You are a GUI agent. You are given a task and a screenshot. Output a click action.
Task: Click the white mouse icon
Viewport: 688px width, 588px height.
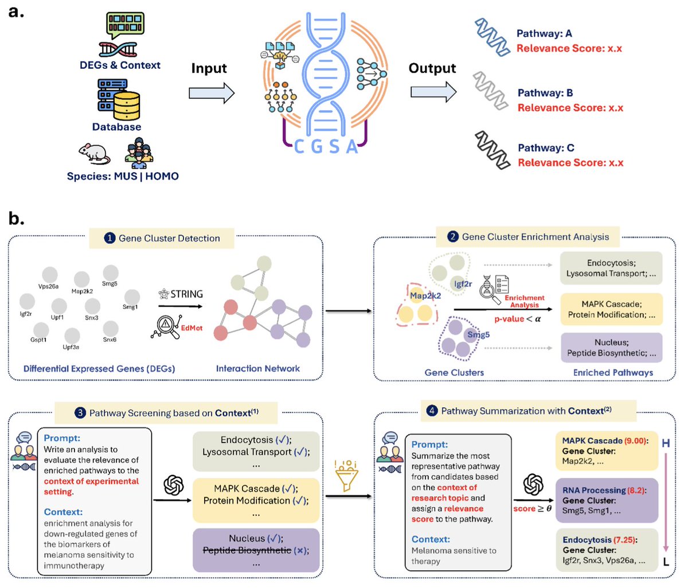[x=94, y=154]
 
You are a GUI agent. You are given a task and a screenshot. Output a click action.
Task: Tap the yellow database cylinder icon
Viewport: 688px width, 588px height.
[x=127, y=106]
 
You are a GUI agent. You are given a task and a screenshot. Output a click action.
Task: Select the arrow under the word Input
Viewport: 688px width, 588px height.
[x=212, y=93]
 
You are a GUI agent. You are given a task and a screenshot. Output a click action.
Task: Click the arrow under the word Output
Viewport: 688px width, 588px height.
[x=433, y=92]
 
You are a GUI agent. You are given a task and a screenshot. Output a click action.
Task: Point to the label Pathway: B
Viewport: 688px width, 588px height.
[x=545, y=92]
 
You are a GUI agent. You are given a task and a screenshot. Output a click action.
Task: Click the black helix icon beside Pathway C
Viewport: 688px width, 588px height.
[x=492, y=150]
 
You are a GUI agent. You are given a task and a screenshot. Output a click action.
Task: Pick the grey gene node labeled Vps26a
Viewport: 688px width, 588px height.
[x=50, y=275]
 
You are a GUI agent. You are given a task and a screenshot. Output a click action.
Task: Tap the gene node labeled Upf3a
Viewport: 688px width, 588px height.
[x=72, y=335]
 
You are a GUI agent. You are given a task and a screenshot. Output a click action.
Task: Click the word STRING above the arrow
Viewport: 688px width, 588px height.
[x=186, y=294]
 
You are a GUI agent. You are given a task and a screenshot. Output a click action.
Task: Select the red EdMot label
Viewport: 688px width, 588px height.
[x=191, y=328]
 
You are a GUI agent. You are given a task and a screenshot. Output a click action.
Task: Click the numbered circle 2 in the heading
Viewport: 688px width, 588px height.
[x=453, y=237]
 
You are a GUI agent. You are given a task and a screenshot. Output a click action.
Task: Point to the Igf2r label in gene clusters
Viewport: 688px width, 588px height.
[x=463, y=284]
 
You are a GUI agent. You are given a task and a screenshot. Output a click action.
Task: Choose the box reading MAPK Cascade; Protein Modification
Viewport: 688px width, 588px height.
[x=611, y=309]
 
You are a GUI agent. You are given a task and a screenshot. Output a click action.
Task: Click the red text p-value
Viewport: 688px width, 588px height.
[x=509, y=319]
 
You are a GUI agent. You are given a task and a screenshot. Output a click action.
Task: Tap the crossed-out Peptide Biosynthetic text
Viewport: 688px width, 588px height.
[x=247, y=550]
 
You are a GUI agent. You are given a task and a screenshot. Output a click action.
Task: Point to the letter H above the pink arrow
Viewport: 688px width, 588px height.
[x=666, y=443]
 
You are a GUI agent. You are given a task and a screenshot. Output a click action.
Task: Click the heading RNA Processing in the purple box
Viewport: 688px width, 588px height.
[x=594, y=490]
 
